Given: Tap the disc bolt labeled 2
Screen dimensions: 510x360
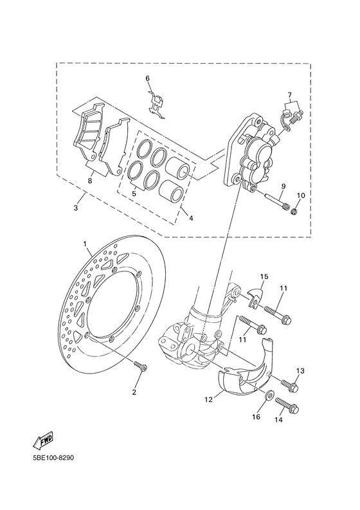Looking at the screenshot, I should [x=140, y=368].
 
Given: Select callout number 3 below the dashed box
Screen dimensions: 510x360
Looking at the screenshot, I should [x=76, y=209].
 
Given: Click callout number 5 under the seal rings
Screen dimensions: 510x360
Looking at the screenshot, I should [x=134, y=192].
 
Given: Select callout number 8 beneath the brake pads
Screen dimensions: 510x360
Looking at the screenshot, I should [x=90, y=181].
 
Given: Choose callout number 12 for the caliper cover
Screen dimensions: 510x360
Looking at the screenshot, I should [x=208, y=399].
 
